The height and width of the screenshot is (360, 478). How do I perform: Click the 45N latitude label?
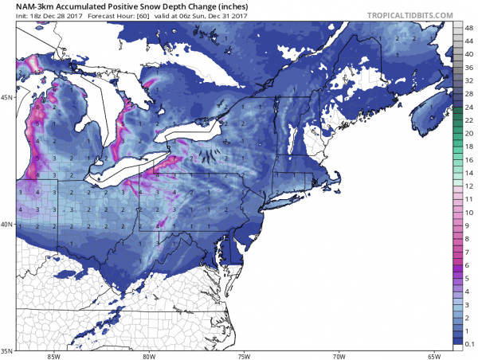click(7, 98)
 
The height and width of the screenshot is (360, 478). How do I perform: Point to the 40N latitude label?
click(7, 224)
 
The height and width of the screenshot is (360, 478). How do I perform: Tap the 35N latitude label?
click(7, 350)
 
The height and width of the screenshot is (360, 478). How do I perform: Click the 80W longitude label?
click(147, 355)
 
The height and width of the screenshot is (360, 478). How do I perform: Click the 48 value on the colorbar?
click(470, 28)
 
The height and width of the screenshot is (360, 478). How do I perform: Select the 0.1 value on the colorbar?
click(470, 341)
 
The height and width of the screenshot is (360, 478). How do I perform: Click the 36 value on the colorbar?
click(470, 67)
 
